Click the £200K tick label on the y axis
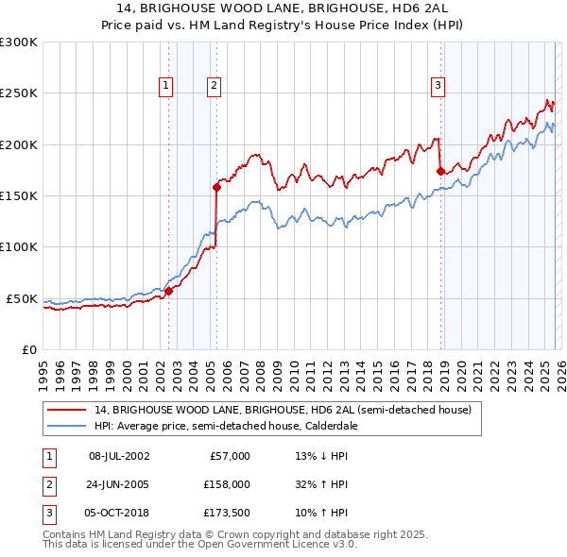tap(19, 144)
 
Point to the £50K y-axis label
tap(22, 298)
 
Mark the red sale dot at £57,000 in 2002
tap(169, 292)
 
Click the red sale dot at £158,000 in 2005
tap(217, 188)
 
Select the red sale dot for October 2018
tap(440, 171)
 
